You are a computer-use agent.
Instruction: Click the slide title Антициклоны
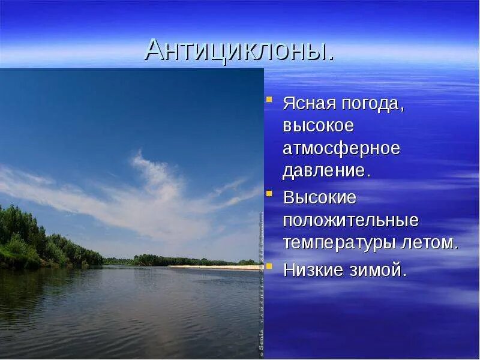click(x=239, y=50)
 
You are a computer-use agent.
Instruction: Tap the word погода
click(x=374, y=104)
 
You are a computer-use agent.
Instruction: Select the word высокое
click(x=318, y=126)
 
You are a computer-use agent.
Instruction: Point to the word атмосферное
click(x=341, y=148)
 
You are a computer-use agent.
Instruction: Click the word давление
click(x=326, y=171)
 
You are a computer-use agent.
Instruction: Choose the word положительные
click(x=350, y=220)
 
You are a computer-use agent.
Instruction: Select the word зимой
click(x=378, y=270)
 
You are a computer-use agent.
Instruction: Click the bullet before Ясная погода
click(x=270, y=98)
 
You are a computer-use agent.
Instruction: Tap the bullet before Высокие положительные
click(x=270, y=193)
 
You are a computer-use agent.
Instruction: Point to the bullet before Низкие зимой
click(x=270, y=266)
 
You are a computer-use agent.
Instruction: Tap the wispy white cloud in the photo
click(x=150, y=186)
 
